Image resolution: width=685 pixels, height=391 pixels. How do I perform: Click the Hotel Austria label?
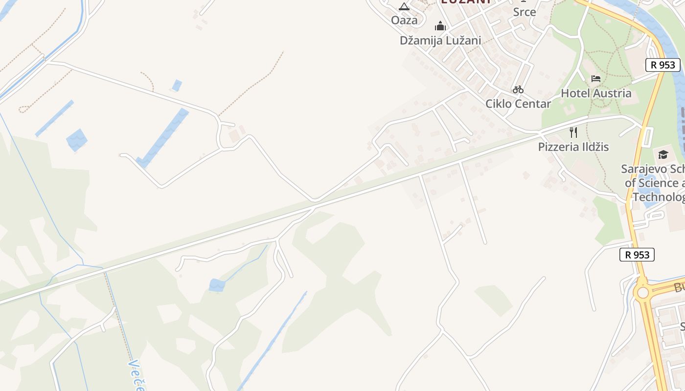click(596, 93)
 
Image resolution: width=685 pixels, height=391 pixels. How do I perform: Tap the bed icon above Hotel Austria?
click(596, 78)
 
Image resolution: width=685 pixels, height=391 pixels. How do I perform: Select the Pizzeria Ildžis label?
click(573, 147)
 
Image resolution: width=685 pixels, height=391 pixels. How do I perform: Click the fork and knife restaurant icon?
click(573, 132)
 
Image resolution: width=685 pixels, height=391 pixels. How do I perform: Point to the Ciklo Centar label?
click(518, 104)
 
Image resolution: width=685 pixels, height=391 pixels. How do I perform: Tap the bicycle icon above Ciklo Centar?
click(518, 89)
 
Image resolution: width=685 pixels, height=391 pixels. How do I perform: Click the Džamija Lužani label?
click(440, 41)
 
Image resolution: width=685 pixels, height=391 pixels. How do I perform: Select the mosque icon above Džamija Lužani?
click(440, 26)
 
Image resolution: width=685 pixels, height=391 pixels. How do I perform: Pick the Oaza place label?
click(404, 20)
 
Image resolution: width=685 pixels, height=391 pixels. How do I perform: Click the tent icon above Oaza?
click(404, 6)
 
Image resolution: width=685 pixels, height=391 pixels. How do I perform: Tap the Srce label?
click(525, 12)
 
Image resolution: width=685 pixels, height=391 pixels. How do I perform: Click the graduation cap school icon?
click(663, 154)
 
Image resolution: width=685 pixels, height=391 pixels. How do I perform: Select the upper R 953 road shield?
click(663, 65)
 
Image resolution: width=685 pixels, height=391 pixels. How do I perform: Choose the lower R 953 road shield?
click(637, 255)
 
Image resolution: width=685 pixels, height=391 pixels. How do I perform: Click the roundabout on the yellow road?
click(642, 293)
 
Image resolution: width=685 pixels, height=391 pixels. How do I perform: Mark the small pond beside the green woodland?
click(217, 285)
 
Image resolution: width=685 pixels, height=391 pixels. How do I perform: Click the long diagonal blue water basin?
click(163, 137)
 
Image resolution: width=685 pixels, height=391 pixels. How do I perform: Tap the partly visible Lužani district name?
click(466, 2)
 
